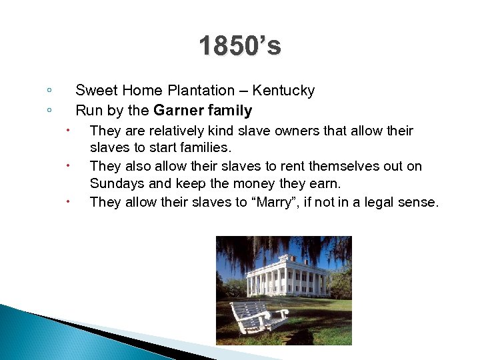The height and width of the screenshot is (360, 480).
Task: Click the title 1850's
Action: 240,47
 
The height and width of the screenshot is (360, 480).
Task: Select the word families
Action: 206,146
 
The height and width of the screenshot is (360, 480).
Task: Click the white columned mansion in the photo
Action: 287,275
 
